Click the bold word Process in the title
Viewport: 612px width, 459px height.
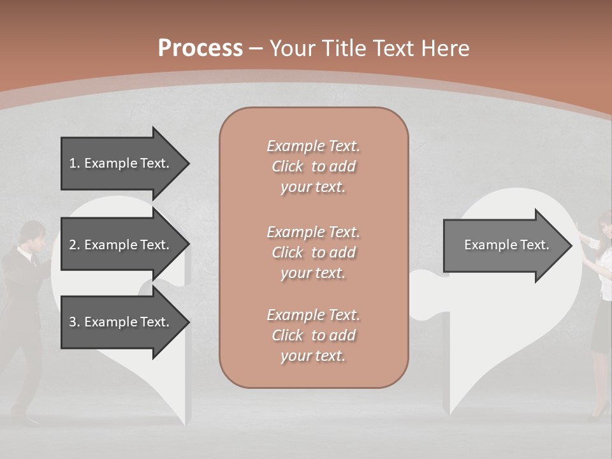(200, 48)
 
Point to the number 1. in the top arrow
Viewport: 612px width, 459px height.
(75, 163)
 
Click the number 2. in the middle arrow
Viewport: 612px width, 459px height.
(75, 245)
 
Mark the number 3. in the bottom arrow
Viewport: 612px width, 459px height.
(75, 322)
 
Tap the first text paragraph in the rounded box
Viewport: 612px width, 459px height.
(313, 166)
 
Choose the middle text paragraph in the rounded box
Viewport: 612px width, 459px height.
(313, 252)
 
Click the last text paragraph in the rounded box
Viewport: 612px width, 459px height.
(313, 335)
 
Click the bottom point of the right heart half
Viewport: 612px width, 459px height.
(451, 413)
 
